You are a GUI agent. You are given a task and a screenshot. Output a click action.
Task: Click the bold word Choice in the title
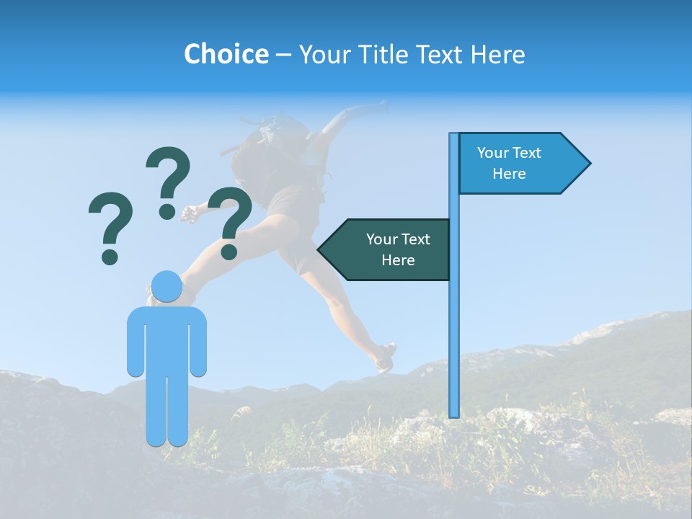click(226, 54)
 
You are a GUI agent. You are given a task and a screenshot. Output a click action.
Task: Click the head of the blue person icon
click(167, 286)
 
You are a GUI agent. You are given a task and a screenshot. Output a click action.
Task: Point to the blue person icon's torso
click(167, 339)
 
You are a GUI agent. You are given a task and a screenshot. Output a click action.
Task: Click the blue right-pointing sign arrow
click(519, 164)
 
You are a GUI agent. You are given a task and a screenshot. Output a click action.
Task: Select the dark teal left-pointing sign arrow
click(389, 249)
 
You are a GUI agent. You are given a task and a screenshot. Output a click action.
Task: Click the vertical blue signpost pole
click(453, 324)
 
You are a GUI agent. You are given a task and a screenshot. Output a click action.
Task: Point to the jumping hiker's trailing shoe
click(386, 358)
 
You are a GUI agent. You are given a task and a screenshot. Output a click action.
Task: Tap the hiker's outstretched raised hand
click(378, 107)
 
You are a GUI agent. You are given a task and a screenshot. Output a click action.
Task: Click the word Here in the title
click(497, 54)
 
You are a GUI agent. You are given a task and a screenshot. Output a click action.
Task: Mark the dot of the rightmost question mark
click(229, 252)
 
